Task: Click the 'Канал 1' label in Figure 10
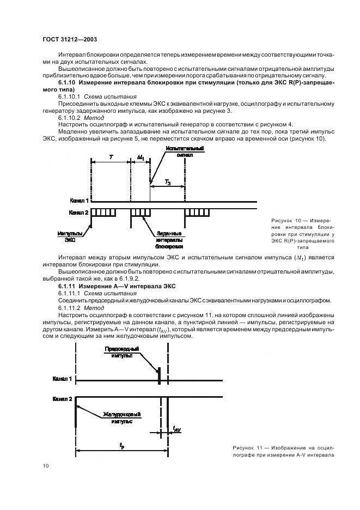coord(80,201)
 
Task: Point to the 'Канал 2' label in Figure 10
coord(80,212)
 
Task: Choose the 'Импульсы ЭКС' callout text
coord(68,235)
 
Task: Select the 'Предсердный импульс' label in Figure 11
coord(121,352)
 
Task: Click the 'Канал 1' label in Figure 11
coord(63,378)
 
